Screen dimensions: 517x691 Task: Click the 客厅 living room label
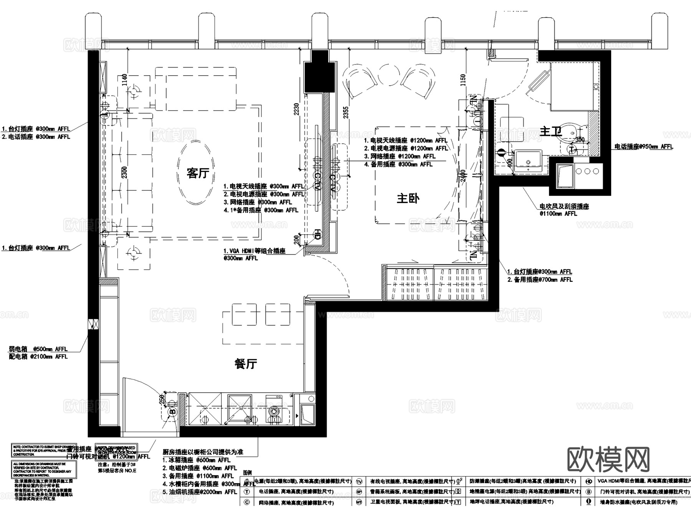click(198, 173)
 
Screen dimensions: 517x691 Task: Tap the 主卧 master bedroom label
click(408, 198)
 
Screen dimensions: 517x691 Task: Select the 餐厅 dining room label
click(246, 363)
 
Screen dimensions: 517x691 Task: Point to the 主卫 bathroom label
click(551, 132)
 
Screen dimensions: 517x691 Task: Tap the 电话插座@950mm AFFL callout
click(643, 147)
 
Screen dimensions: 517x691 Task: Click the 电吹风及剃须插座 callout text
click(564, 206)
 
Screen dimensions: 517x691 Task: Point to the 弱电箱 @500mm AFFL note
click(38, 349)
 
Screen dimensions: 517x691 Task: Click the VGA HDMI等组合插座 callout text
click(255, 251)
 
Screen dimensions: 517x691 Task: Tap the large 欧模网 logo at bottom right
click(608, 459)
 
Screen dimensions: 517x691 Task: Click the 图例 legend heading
click(248, 473)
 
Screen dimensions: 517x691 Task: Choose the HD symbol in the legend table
click(589, 481)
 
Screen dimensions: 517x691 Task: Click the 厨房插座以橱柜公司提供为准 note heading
click(203, 452)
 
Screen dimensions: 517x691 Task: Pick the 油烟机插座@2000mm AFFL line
click(200, 492)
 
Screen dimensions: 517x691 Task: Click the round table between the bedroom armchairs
click(389, 75)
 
